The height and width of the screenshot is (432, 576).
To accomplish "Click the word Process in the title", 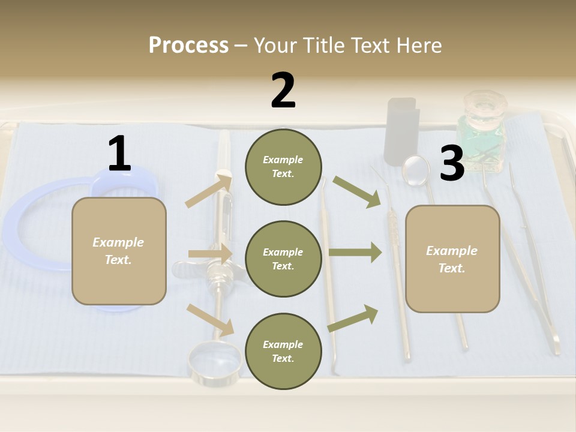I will point(188,45).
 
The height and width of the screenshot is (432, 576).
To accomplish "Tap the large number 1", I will point(119,154).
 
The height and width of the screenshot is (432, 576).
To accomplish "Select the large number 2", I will point(283,90).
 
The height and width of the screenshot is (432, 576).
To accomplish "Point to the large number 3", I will point(452,163).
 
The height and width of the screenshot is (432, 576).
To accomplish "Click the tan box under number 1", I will point(119,251).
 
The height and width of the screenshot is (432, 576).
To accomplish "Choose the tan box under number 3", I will point(452,259).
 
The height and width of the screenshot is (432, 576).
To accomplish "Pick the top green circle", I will point(283,167).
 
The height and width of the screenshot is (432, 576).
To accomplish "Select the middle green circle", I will point(283,259).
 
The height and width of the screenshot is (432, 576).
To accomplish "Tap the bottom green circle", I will point(283,351).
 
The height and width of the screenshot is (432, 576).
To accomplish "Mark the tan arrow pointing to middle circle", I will point(209,254).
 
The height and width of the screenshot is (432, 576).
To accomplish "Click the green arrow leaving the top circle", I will point(358,191).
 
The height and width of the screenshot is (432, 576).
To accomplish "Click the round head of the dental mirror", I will point(416,170).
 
